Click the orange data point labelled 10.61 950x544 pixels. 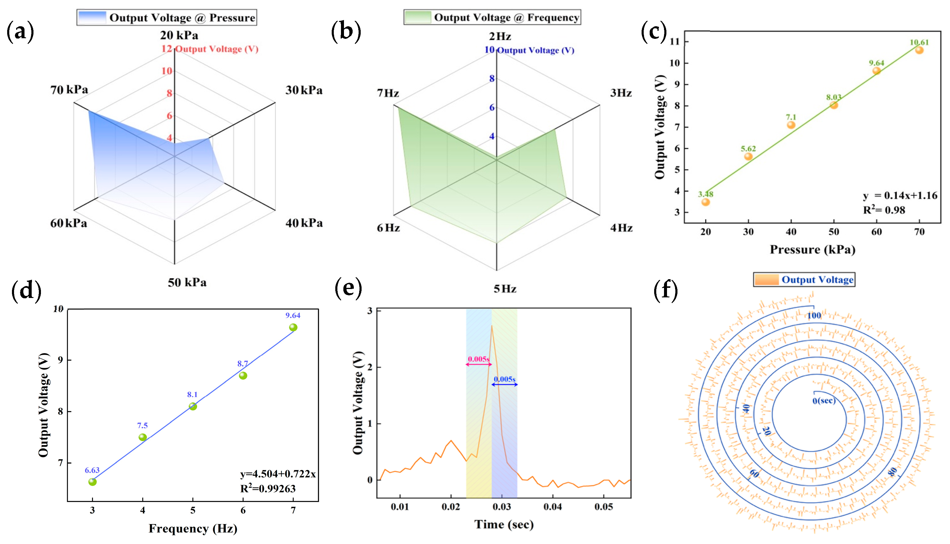[919, 50]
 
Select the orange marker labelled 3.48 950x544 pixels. [706, 202]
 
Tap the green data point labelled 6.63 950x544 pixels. [92, 482]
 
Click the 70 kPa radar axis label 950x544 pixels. [69, 90]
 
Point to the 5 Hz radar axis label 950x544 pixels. [505, 289]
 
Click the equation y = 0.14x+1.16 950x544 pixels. [899, 195]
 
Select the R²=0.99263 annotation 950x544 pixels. [268, 488]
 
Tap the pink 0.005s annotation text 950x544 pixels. [478, 359]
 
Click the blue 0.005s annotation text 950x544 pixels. [504, 379]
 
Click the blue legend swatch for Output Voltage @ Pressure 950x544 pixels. [92, 18]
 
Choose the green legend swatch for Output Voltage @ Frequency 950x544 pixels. [418, 17]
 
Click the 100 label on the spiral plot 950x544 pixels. [814, 315]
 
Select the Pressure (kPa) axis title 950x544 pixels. [813, 249]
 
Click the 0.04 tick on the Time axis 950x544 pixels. [553, 507]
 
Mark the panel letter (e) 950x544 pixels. [348, 288]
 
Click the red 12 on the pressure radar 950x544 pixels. [166, 49]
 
